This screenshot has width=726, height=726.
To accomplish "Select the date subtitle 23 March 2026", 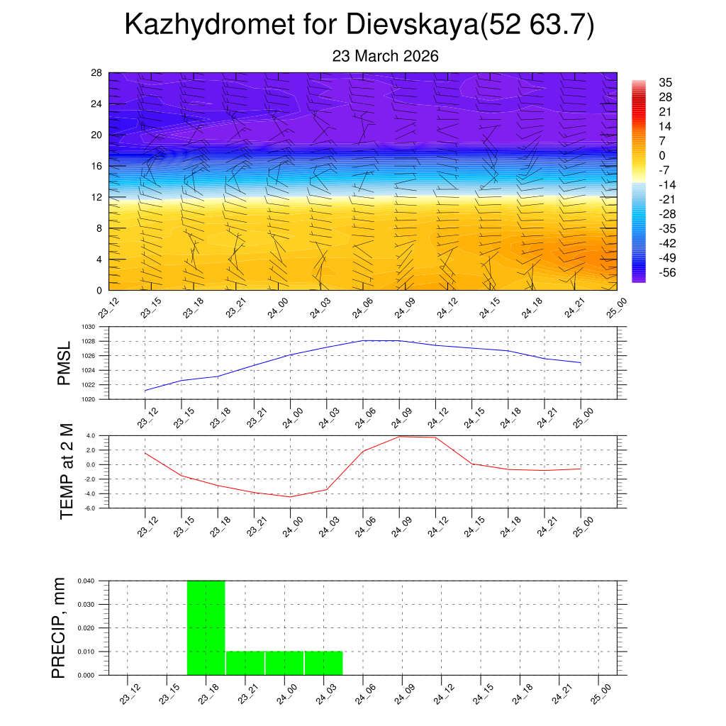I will click(386, 56).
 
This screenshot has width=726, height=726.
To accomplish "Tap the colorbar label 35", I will click(665, 82).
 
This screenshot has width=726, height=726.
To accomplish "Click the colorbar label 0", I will click(662, 155).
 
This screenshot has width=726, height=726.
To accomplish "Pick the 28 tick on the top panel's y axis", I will click(97, 73).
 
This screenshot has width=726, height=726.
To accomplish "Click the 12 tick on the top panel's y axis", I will click(97, 197).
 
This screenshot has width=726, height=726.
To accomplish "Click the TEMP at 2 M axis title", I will click(67, 471).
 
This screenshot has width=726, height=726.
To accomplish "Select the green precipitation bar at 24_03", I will click(323, 662).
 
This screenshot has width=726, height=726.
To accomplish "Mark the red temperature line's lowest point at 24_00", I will click(290, 496).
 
